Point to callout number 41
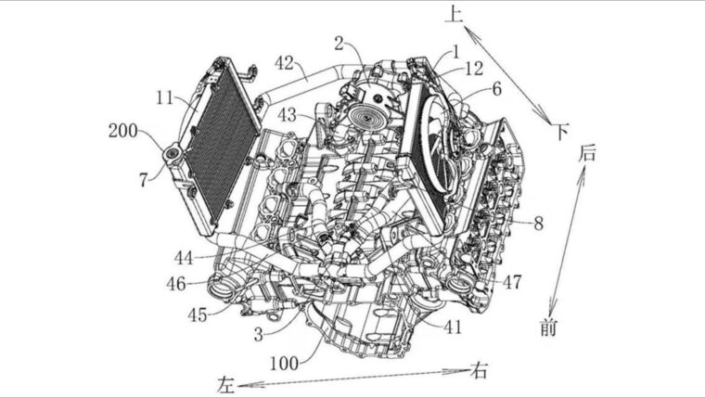coord(452,327)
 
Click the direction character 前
coord(549,327)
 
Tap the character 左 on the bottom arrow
coord(226,382)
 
